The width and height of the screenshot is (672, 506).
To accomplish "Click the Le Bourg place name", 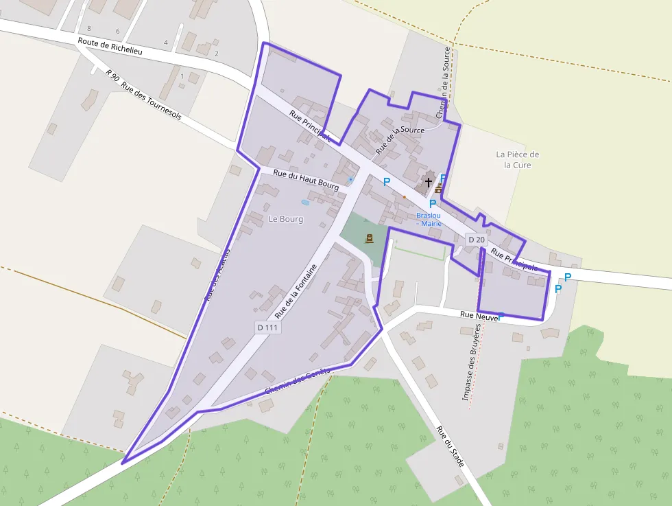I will [x=286, y=219].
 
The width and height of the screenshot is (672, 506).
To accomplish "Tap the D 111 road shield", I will [x=267, y=327].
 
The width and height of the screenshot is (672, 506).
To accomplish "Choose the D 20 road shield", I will [x=476, y=239].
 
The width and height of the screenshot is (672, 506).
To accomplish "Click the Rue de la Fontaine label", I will [x=296, y=291].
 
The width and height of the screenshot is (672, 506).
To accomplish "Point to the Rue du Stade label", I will [x=451, y=446].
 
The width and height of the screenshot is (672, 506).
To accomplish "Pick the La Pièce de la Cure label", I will [x=518, y=159].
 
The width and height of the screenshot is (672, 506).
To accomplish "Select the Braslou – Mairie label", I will [x=429, y=219].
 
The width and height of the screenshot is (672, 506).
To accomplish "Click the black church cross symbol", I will [x=429, y=182].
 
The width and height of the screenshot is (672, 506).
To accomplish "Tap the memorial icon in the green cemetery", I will [x=370, y=238].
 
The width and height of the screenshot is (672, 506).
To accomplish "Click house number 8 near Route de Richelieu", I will [x=88, y=27].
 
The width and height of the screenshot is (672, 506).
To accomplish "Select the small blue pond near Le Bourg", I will [x=305, y=202].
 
